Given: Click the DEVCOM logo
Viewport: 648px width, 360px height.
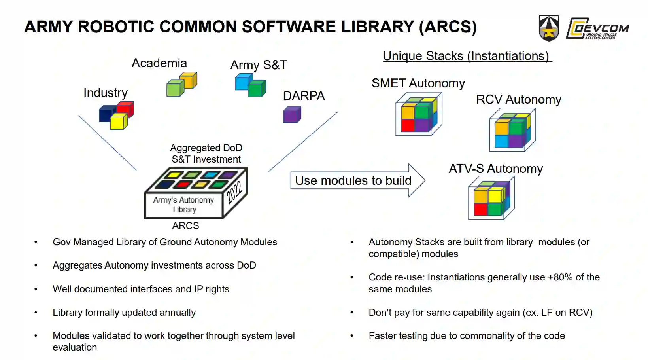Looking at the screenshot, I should (x=597, y=28).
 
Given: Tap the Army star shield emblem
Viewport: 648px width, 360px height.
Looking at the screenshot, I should (x=549, y=28).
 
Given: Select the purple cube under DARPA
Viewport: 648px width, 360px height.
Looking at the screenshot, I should (x=292, y=116).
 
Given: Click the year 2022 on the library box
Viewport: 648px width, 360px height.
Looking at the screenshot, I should (x=234, y=191).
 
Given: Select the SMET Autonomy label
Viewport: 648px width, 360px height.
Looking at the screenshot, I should (x=418, y=83).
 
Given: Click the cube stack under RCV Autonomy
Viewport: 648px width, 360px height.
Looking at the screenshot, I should (x=512, y=130).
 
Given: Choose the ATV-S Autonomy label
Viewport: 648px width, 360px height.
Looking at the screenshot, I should (x=495, y=169).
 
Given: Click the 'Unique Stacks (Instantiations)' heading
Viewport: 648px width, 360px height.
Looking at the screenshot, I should (x=467, y=56).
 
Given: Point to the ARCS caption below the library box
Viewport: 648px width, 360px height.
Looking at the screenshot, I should (x=185, y=226).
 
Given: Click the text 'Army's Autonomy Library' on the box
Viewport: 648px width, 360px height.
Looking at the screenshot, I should (x=184, y=205).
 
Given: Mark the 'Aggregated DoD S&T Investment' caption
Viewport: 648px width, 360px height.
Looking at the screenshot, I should (x=206, y=153).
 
